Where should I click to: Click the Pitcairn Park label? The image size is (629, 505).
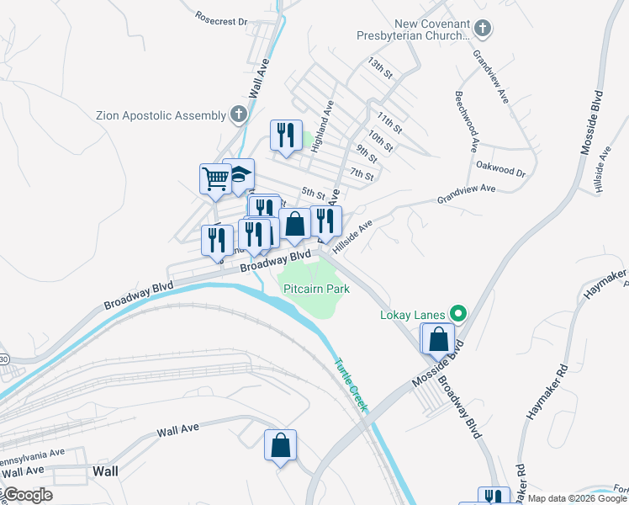pyautogui.click(x=316, y=289)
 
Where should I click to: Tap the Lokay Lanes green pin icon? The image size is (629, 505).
pyautogui.click(x=457, y=315)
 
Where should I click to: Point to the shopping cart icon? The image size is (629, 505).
pyautogui.click(x=215, y=178)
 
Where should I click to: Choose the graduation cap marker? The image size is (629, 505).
pyautogui.click(x=240, y=174)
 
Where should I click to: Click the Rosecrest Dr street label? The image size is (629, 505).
pyautogui.click(x=220, y=17)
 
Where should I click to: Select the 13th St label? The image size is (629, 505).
pyautogui.click(x=380, y=68)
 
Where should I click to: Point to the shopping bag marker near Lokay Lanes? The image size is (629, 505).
pyautogui.click(x=439, y=339)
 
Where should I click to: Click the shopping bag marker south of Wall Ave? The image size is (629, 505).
pyautogui.click(x=281, y=445)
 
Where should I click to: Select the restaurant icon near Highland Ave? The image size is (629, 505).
pyautogui.click(x=286, y=135)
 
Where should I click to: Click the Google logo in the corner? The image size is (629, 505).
pyautogui.click(x=27, y=495)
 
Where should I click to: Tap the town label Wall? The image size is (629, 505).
pyautogui.click(x=105, y=470)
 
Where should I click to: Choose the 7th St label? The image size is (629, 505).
pyautogui.click(x=362, y=174)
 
